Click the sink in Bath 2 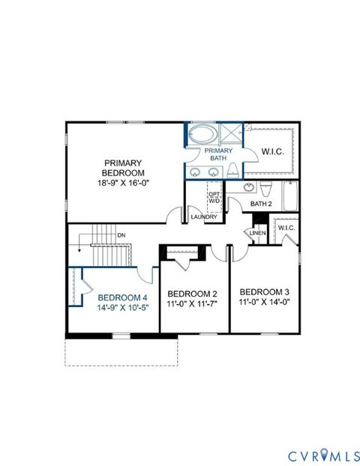pyautogui.click(x=263, y=187)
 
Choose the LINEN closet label pyautogui.click(x=256, y=233)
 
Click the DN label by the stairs pyautogui.click(x=121, y=235)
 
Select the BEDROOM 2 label pyautogui.click(x=193, y=293)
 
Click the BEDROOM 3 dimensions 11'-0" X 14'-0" pyautogui.click(x=264, y=303)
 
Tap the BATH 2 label pyautogui.click(x=261, y=204)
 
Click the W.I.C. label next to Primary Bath pyautogui.click(x=271, y=152)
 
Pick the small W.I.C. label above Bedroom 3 pyautogui.click(x=286, y=228)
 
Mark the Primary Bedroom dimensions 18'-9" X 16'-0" pyautogui.click(x=121, y=182)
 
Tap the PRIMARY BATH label pyautogui.click(x=220, y=155)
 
